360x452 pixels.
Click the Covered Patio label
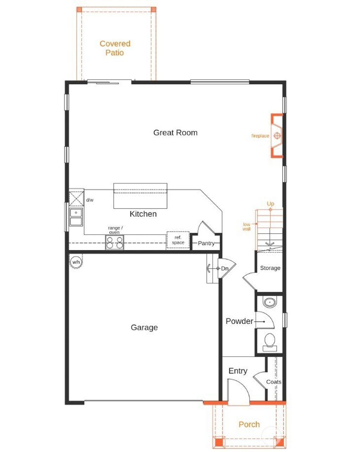(x=115, y=48)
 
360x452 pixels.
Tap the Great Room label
(x=175, y=133)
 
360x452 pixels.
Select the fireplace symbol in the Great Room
(x=277, y=136)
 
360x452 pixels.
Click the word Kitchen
(x=143, y=214)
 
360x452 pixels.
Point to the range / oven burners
(x=115, y=243)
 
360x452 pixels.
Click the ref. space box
(x=178, y=240)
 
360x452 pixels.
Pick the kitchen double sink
(x=76, y=217)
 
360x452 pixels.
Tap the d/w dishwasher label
(x=90, y=200)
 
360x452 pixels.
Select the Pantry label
(x=206, y=243)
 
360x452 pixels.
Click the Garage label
(x=144, y=327)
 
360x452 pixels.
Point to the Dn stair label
(x=225, y=269)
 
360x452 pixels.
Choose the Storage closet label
(x=270, y=268)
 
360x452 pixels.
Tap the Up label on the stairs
(x=270, y=204)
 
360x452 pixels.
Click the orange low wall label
(x=246, y=227)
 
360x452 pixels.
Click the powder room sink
(x=270, y=302)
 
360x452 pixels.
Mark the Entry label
(x=238, y=371)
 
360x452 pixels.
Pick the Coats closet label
(x=274, y=382)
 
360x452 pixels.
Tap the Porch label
(x=249, y=425)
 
